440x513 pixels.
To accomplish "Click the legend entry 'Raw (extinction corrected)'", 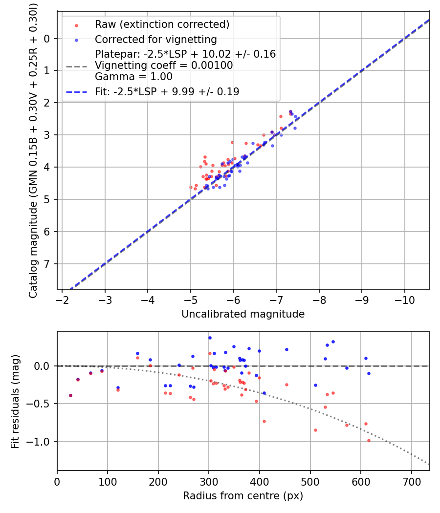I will [162, 24].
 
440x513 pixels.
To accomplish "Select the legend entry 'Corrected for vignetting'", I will [156, 39].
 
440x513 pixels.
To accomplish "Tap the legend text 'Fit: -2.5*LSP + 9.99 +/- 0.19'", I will [167, 91].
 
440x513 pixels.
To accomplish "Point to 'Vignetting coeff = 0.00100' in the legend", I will [164, 65].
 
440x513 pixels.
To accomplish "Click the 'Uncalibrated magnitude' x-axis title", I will [243, 314].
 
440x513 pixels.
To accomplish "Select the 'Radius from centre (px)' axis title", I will [243, 496].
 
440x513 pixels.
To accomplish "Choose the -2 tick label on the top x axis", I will [62, 299].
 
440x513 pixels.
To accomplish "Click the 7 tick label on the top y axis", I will [47, 264].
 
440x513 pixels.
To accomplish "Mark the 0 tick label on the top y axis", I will [47, 39].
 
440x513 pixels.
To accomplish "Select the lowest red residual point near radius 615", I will [369, 440].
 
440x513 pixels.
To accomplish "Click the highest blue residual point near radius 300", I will [210, 338].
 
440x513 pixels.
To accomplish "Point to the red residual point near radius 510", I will [315, 430].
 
